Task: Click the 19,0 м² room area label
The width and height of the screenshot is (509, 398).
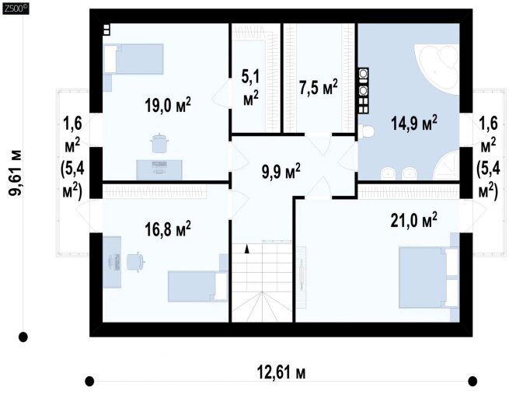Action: tap(168, 105)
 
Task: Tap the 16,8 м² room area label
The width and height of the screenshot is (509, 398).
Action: tap(168, 229)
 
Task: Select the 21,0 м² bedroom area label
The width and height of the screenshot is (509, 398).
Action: tap(413, 220)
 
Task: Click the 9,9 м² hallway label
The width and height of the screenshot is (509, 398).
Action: tap(281, 171)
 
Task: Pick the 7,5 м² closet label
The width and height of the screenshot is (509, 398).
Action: tap(319, 87)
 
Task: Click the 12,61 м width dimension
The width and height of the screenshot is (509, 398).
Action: tap(281, 372)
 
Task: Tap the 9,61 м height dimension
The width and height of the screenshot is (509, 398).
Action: tap(16, 173)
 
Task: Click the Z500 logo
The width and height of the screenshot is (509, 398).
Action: tap(16, 9)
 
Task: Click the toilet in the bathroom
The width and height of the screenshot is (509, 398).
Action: tap(367, 132)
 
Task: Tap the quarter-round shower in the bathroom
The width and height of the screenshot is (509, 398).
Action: tap(448, 166)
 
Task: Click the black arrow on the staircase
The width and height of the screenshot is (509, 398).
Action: tap(247, 249)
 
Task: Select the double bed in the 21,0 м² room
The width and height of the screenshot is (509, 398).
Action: tap(429, 277)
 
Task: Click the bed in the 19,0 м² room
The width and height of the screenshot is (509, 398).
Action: tap(133, 59)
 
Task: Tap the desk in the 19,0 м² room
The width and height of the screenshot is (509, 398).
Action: tap(159, 169)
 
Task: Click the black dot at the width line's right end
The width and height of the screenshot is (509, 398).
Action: tap(472, 381)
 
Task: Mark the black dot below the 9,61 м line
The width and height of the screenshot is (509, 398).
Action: tap(23, 337)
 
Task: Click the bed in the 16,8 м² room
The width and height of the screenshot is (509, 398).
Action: tap(198, 287)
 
